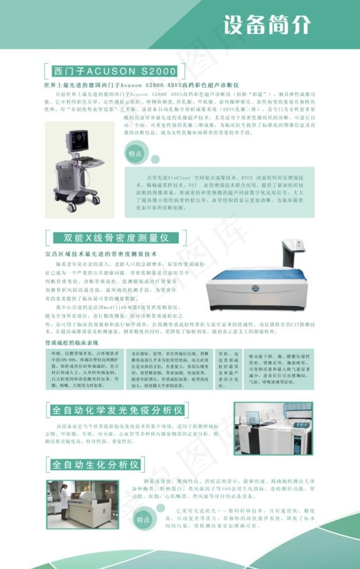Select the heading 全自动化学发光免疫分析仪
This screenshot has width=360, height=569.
tap(118, 410)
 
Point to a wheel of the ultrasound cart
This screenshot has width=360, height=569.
tap(72, 207)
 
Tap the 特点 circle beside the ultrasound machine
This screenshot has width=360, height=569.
tap(135, 153)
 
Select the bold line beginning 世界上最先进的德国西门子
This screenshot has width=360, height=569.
tap(140, 85)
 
